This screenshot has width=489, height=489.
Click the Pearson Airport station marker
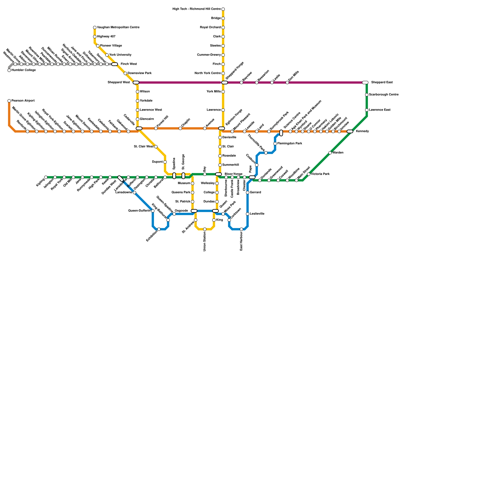point(9,101)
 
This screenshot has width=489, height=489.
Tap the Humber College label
point(24,70)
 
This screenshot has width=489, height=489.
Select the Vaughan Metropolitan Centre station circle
point(95,28)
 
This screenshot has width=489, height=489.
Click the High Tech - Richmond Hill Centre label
point(197,9)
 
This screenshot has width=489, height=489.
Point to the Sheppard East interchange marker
point(365,83)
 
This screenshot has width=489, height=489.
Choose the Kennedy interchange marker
point(350,131)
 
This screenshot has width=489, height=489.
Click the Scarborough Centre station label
point(384,95)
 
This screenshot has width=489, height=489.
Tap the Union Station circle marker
point(205,229)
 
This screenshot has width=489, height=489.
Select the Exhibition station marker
point(159,229)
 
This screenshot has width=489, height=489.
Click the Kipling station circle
point(46,177)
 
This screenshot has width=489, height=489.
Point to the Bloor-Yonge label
point(233,174)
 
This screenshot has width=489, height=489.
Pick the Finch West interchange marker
point(115,64)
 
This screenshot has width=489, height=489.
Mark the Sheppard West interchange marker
point(136,83)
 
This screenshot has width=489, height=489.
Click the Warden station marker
point(330,153)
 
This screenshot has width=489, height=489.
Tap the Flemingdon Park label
point(290,144)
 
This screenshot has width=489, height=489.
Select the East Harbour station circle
point(241,229)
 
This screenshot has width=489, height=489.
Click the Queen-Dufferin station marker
point(153,211)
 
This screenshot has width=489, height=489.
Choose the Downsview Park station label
point(139,73)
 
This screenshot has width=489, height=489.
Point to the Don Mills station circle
point(287,83)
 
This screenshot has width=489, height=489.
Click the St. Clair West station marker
point(156,147)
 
